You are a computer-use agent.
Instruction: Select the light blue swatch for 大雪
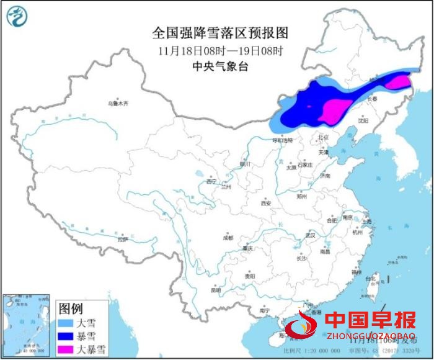pyautogui.click(x=66, y=323)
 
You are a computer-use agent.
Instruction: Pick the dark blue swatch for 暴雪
pyautogui.click(x=66, y=336)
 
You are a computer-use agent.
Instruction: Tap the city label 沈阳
pyautogui.click(x=363, y=120)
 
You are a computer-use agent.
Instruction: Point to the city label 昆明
pyautogui.click(x=216, y=290)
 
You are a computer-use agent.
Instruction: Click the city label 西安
pyautogui.click(x=265, y=203)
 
